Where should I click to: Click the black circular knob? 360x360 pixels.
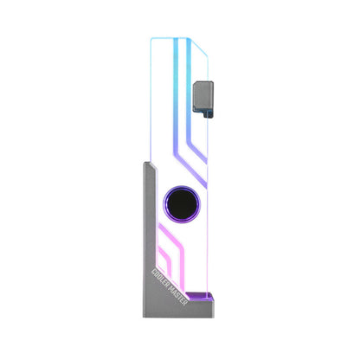[180, 202]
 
